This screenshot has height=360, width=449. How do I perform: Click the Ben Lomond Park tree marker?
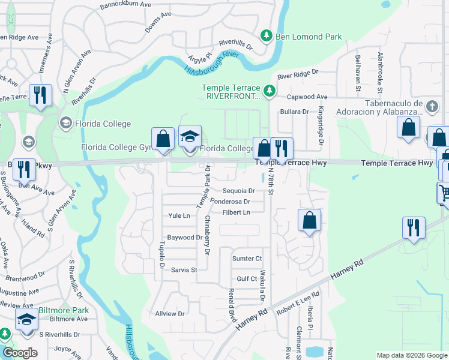click(268, 37)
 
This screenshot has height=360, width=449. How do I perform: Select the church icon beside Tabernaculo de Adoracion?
click(432, 107)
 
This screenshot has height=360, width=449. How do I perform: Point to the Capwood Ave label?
click(308, 97)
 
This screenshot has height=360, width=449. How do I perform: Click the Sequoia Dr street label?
click(235, 191)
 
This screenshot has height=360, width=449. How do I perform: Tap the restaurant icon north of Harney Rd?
click(414, 227)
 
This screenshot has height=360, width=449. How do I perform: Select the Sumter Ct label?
click(247, 259)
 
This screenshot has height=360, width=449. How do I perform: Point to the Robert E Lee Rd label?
click(298, 303)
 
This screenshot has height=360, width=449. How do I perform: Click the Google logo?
click(20, 353)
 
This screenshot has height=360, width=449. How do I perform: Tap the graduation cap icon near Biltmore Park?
click(27, 320)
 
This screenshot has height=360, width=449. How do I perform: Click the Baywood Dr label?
click(185, 238)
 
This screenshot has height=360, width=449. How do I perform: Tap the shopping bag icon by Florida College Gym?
click(163, 139)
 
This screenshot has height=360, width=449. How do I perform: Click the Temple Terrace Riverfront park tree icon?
click(270, 91)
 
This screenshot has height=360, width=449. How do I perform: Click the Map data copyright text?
click(411, 355)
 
